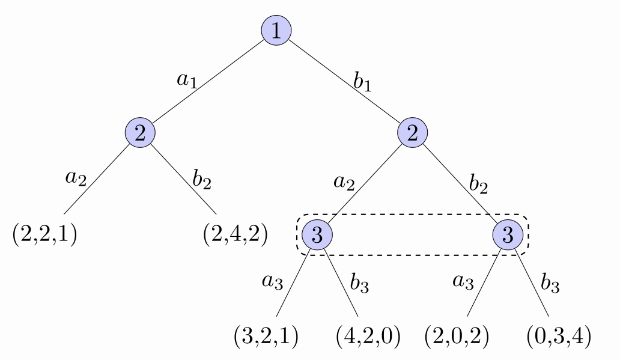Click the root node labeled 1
[276, 30]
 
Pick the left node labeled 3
[318, 236]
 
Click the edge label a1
[187, 80]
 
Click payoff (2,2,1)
[44, 233]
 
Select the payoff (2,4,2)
[235, 233]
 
